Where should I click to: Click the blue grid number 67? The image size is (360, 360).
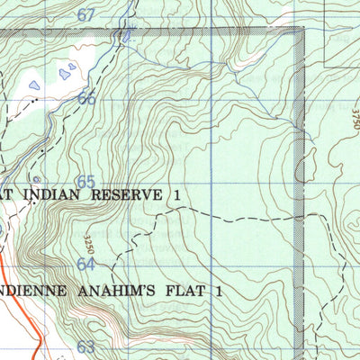(85, 15)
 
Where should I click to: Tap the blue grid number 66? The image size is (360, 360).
(86, 99)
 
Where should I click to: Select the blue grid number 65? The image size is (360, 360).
(85, 182)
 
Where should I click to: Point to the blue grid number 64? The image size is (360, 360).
(85, 265)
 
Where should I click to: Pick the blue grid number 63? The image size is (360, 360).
(85, 347)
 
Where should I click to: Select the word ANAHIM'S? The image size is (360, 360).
(114, 292)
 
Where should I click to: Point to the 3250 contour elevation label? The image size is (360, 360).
(90, 244)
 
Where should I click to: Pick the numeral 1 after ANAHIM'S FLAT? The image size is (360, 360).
(218, 292)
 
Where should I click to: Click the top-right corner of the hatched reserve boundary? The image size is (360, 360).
(301, 31)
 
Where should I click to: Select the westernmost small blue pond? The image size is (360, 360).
(34, 85)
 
